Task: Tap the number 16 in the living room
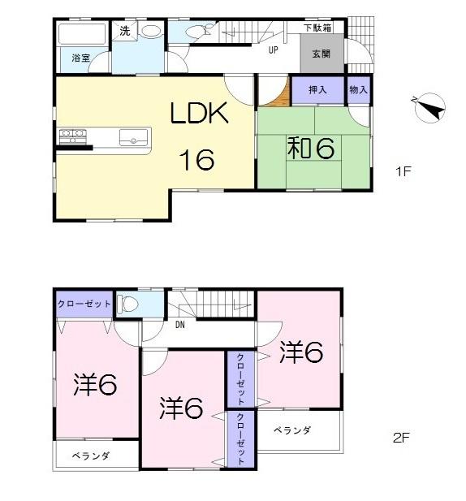197,160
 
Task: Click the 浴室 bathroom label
80,58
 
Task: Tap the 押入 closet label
317,89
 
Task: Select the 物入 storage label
358,89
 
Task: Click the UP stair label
274,49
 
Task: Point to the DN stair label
179,325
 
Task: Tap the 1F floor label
403,171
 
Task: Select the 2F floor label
400,438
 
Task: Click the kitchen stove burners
71,135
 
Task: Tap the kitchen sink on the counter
131,136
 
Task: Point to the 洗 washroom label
124,31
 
